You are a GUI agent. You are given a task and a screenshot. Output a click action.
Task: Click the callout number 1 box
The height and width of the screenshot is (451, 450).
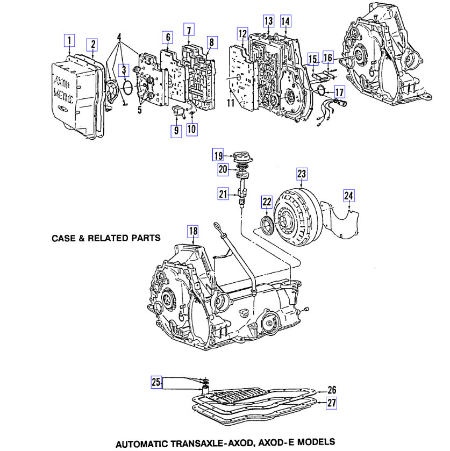(x=69, y=39)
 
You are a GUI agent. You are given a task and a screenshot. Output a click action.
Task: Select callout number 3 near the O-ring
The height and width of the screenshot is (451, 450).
(x=124, y=69)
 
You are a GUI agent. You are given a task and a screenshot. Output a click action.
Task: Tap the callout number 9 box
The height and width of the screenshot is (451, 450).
(x=176, y=131)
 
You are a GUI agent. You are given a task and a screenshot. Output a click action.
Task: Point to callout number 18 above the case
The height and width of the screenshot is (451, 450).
(x=192, y=232)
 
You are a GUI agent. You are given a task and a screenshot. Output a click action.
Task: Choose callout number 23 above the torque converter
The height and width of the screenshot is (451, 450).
(x=302, y=174)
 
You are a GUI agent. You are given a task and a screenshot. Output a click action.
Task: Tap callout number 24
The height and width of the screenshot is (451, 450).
(x=349, y=196)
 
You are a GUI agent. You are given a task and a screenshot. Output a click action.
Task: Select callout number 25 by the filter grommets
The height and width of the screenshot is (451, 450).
(x=156, y=382)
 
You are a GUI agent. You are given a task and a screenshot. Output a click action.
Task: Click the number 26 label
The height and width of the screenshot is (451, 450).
(x=332, y=390)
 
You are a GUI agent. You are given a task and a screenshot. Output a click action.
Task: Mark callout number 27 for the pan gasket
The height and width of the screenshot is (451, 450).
(x=332, y=403)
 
